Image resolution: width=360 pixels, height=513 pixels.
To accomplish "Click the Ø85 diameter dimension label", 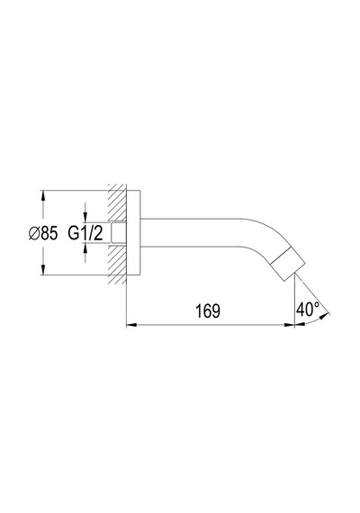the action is [x=43, y=233].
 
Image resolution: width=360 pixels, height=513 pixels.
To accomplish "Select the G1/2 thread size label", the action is [x=85, y=233].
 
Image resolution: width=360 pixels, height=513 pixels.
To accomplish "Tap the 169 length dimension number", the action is [x=208, y=310].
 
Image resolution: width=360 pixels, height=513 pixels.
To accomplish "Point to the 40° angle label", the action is [x=309, y=309].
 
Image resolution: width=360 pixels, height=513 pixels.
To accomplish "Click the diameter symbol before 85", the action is [x=33, y=234].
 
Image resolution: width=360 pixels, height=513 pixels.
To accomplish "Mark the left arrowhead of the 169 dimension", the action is [x=130, y=325].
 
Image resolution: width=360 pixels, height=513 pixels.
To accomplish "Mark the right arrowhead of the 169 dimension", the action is [x=290, y=325].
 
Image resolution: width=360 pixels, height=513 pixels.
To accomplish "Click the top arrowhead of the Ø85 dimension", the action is [x=42, y=195].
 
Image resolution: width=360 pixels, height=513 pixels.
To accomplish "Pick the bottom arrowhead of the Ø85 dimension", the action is [x=42, y=270].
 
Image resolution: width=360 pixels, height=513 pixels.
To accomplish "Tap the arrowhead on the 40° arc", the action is [x=323, y=316].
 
